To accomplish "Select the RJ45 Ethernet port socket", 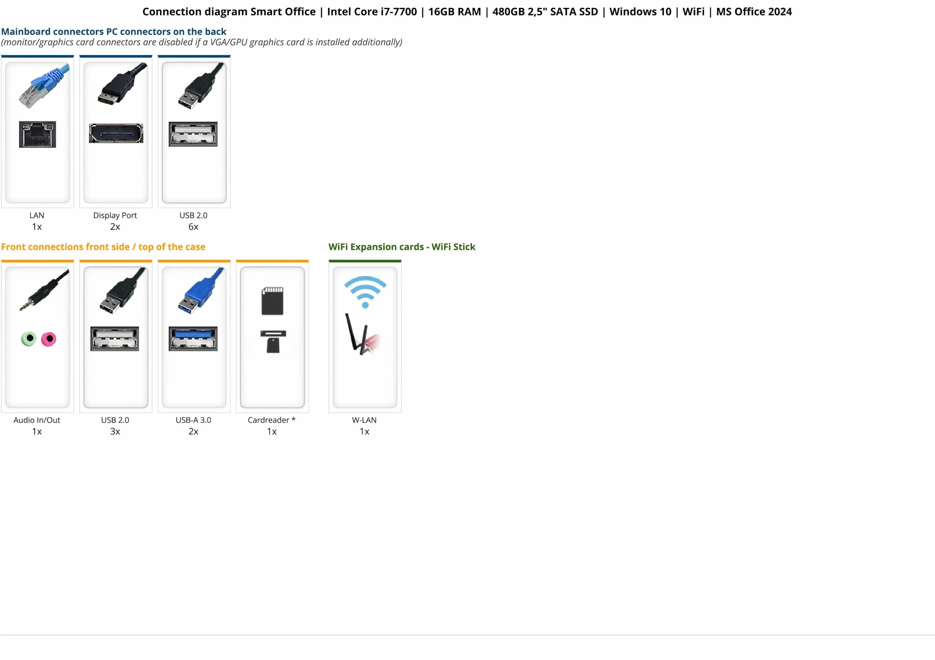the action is click(38, 134).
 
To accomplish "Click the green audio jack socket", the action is click(29, 338).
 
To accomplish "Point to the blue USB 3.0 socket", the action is click(193, 338).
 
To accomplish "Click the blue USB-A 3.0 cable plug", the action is click(201, 290).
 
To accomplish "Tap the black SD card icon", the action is click(272, 301).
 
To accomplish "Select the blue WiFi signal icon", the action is click(365, 292).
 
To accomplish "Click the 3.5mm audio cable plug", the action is click(44, 290).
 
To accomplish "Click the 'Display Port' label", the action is click(115, 215).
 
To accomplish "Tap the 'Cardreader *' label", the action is click(272, 420).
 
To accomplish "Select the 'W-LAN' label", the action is click(364, 420).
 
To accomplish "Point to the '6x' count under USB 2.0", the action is click(193, 227).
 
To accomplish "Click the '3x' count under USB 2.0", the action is click(115, 431).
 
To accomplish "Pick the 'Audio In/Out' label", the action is click(37, 420).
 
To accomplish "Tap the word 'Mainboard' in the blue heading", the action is click(26, 31).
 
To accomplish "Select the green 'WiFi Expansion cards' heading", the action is click(376, 247).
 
